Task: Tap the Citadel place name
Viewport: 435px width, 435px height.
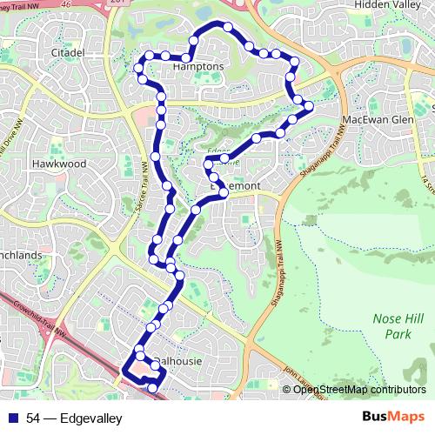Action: click(65, 53)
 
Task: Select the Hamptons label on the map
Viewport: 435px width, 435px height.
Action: click(198, 67)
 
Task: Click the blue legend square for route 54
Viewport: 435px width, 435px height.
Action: click(14, 419)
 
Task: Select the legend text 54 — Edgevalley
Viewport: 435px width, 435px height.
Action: click(74, 419)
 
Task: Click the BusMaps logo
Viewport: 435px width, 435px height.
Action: click(392, 418)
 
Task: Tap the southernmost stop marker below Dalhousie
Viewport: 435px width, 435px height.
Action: click(153, 388)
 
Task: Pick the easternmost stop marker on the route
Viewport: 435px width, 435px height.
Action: click(307, 107)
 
